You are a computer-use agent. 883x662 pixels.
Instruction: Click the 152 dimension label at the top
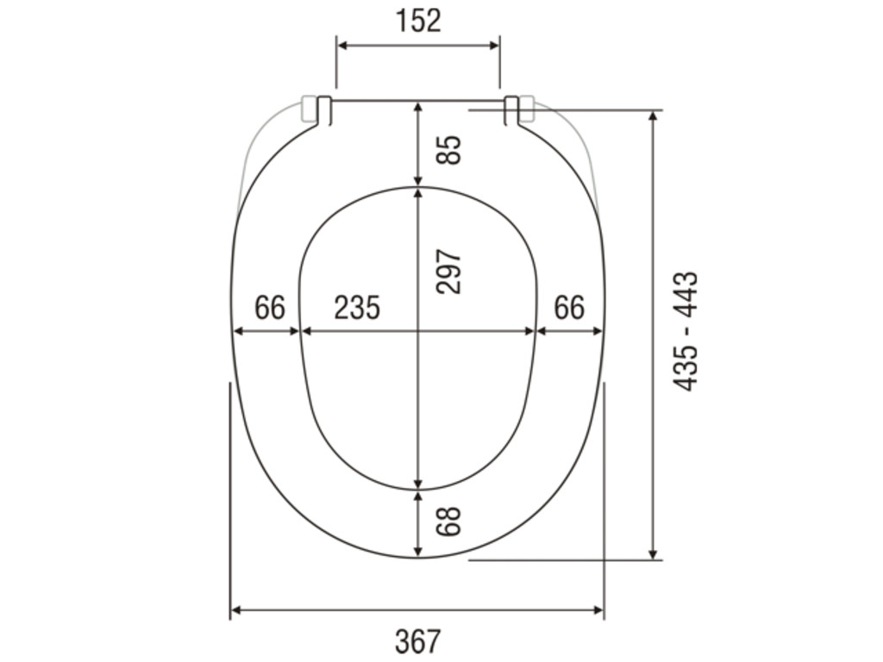tap(418, 21)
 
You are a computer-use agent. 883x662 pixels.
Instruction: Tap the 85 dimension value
tap(449, 150)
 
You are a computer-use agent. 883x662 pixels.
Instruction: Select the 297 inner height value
tap(449, 272)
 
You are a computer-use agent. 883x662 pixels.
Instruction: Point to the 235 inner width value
tap(357, 308)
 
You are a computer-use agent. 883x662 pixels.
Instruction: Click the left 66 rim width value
tap(270, 308)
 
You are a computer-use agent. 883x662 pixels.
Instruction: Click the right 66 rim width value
tap(569, 308)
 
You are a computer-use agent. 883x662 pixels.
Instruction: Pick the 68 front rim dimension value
tap(449, 521)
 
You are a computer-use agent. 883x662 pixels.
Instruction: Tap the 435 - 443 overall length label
tap(686, 332)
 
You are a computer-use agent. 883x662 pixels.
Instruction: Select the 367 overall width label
tap(418, 641)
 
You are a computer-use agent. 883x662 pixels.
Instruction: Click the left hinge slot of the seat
tap(324, 110)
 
